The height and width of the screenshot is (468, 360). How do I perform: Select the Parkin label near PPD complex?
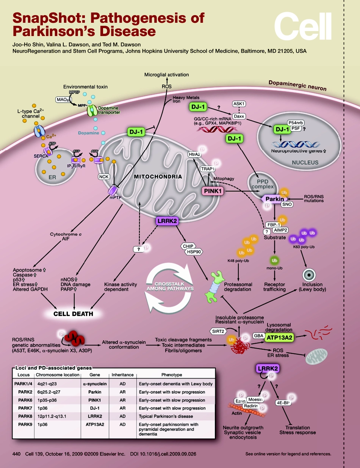pyautogui.click(x=274, y=199)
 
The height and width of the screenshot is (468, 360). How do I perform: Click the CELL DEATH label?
pyautogui.click(x=73, y=314)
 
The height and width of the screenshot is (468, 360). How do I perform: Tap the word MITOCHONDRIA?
pyautogui.click(x=158, y=177)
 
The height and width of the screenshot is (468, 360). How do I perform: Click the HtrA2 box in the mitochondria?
pyautogui.click(x=194, y=154)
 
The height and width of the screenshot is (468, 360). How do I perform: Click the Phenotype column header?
pyautogui.click(x=172, y=375)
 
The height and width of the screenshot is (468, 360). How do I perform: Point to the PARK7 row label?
pyautogui.click(x=24, y=408)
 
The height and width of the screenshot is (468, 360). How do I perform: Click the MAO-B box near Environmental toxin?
pyautogui.click(x=62, y=99)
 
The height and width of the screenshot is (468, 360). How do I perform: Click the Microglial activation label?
pyautogui.click(x=167, y=75)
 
